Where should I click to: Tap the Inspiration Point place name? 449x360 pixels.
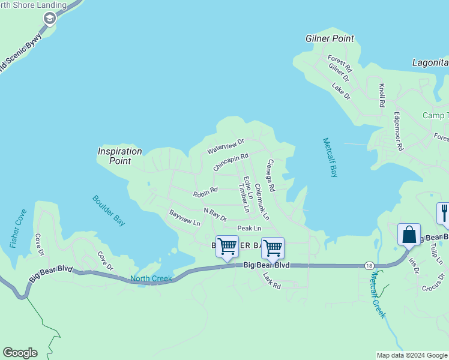coord(120,156)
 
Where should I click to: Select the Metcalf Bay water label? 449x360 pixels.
coord(330,157)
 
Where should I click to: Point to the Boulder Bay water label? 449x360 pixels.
coord(109,211)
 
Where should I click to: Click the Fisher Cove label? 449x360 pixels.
coord(19,229)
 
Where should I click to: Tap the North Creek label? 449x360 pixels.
coord(151,278)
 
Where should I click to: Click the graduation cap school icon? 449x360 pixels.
coord(49,19)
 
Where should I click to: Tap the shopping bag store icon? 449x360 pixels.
coord(409,234)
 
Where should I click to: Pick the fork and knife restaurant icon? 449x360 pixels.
coord(444,214)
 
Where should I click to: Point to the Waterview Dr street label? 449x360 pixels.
coord(226,145)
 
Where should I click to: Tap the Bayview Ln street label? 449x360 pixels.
coord(184,217)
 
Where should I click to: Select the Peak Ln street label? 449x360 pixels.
coord(249,228)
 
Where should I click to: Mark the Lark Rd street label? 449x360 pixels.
coord(272,281)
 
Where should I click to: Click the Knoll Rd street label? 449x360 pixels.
coord(382,95)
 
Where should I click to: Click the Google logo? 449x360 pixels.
coord(20,353)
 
